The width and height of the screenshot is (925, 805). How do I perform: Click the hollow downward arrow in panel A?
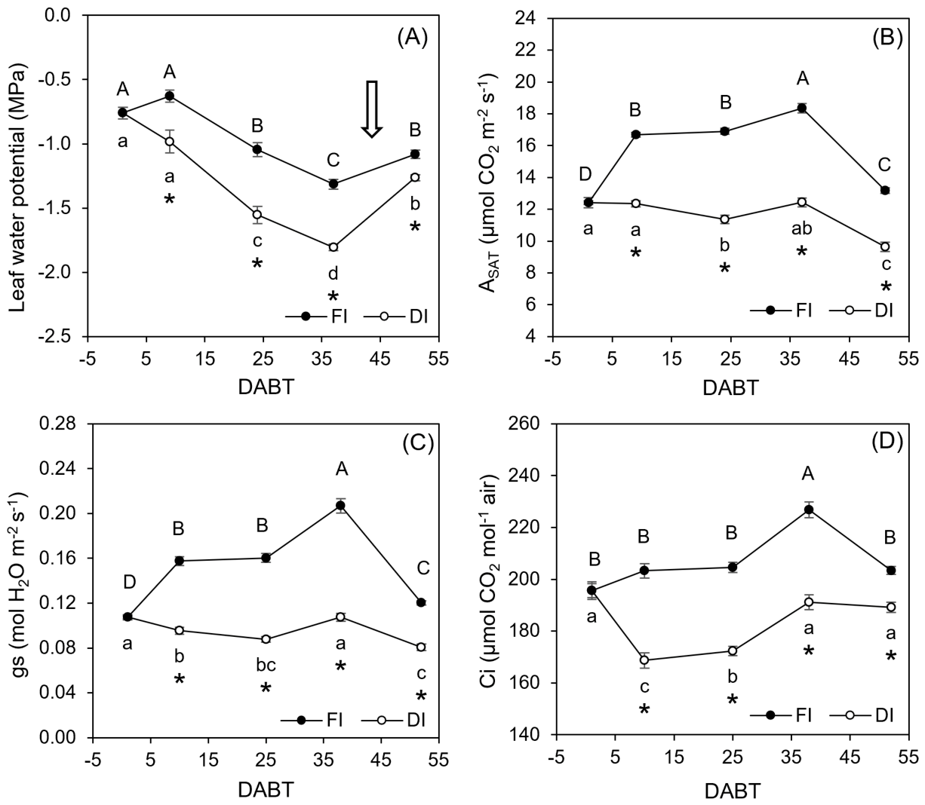(371, 109)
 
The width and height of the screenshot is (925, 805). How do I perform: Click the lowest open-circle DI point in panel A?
(333, 247)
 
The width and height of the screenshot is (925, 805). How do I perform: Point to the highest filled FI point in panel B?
(801, 108)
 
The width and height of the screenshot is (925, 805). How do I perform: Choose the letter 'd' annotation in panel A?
(333, 273)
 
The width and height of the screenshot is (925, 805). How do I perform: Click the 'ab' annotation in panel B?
(801, 228)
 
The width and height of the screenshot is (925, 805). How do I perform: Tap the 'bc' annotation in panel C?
(266, 664)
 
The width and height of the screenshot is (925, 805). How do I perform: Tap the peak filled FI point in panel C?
(340, 505)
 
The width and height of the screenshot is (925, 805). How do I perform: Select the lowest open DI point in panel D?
(644, 660)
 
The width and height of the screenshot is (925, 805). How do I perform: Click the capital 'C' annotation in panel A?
(333, 160)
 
